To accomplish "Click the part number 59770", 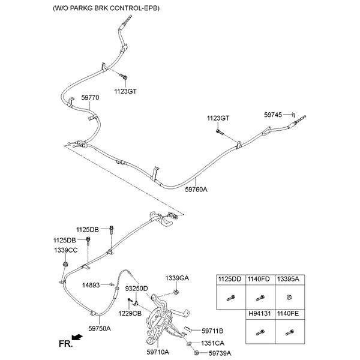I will click(90, 97).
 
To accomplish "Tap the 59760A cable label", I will click(196, 189).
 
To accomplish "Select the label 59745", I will click(274, 114).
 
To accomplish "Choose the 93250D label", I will click(136, 289).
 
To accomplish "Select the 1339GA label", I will click(177, 278).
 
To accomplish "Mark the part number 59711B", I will click(212, 331).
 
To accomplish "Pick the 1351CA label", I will click(212, 343).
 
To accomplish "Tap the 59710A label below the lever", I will click(158, 353).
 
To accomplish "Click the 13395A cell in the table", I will click(288, 280).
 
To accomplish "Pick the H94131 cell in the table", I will click(259, 314).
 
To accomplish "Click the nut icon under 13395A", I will click(288, 298).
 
